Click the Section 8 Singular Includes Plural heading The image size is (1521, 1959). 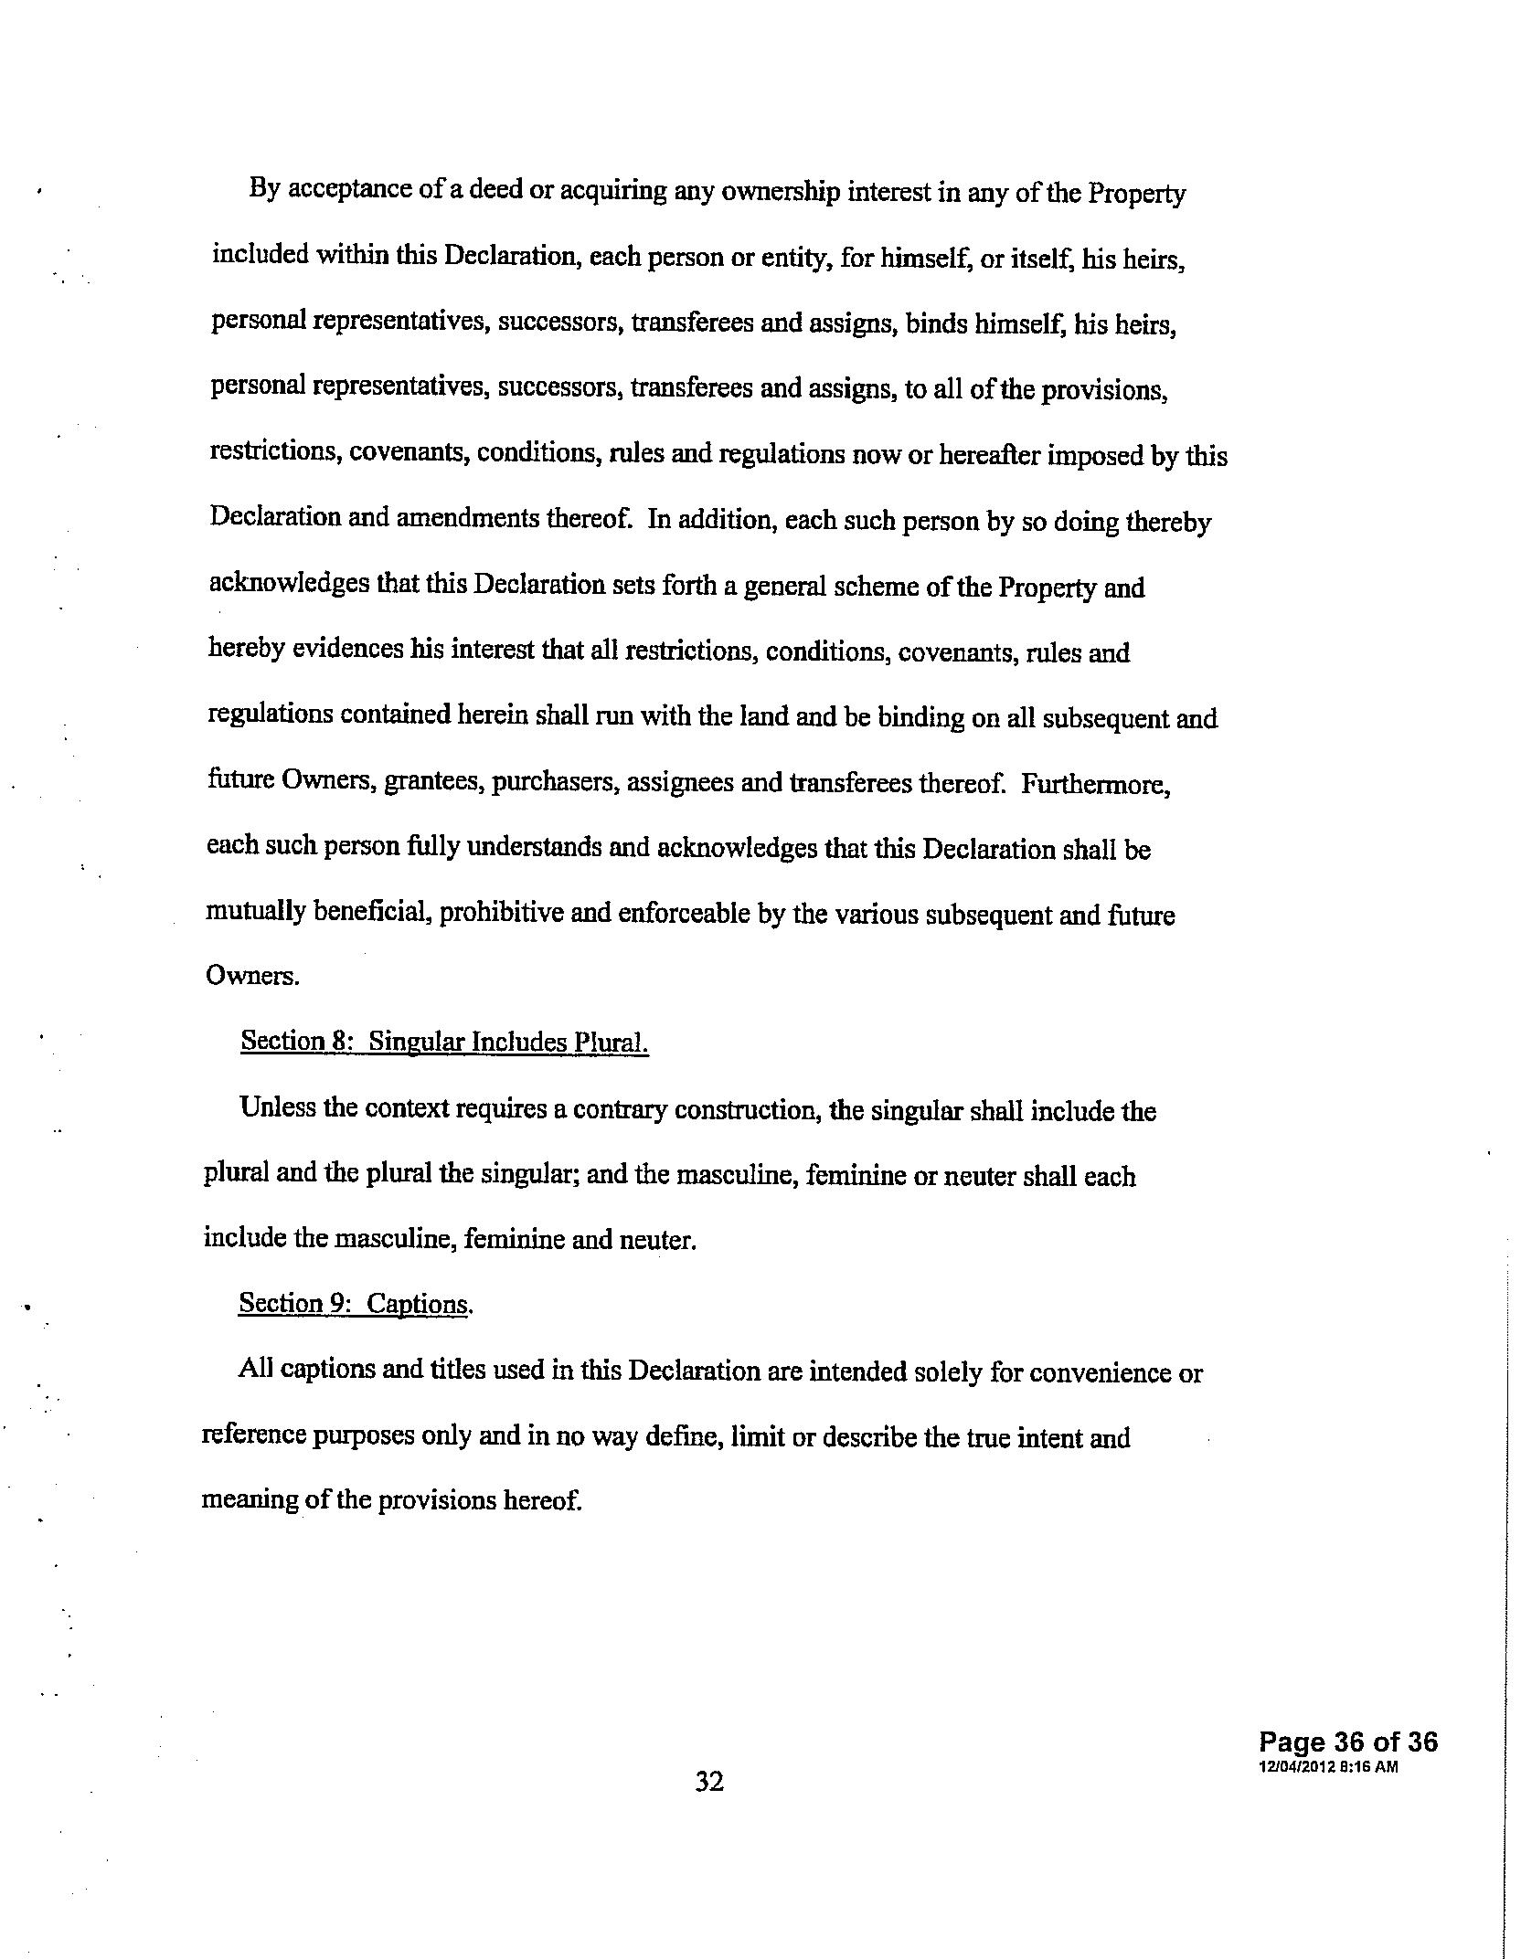[x=444, y=1043]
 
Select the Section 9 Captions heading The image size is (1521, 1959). [x=356, y=1304]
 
